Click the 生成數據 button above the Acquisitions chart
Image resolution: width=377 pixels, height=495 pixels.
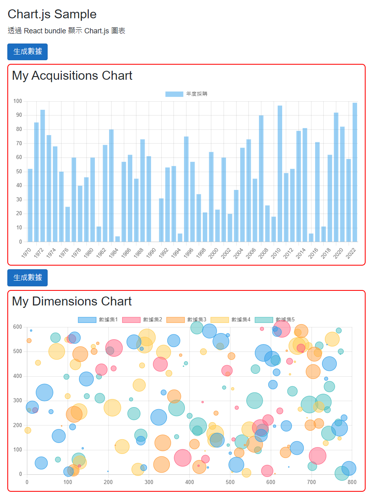click(x=27, y=52)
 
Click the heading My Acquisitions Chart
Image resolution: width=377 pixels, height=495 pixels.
click(x=72, y=76)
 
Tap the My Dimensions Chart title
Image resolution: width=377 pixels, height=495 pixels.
click(x=72, y=301)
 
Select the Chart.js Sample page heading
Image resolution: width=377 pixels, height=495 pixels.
click(x=52, y=14)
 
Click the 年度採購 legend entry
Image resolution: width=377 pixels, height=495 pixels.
click(x=186, y=94)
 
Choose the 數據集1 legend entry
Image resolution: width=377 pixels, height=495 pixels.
click(x=98, y=320)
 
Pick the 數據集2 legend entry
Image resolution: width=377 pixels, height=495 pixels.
click(x=142, y=320)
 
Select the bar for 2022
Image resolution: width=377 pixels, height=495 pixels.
click(x=355, y=172)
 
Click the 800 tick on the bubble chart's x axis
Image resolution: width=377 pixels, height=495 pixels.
click(x=352, y=482)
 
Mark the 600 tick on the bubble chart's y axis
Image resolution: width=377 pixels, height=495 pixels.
click(x=18, y=327)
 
